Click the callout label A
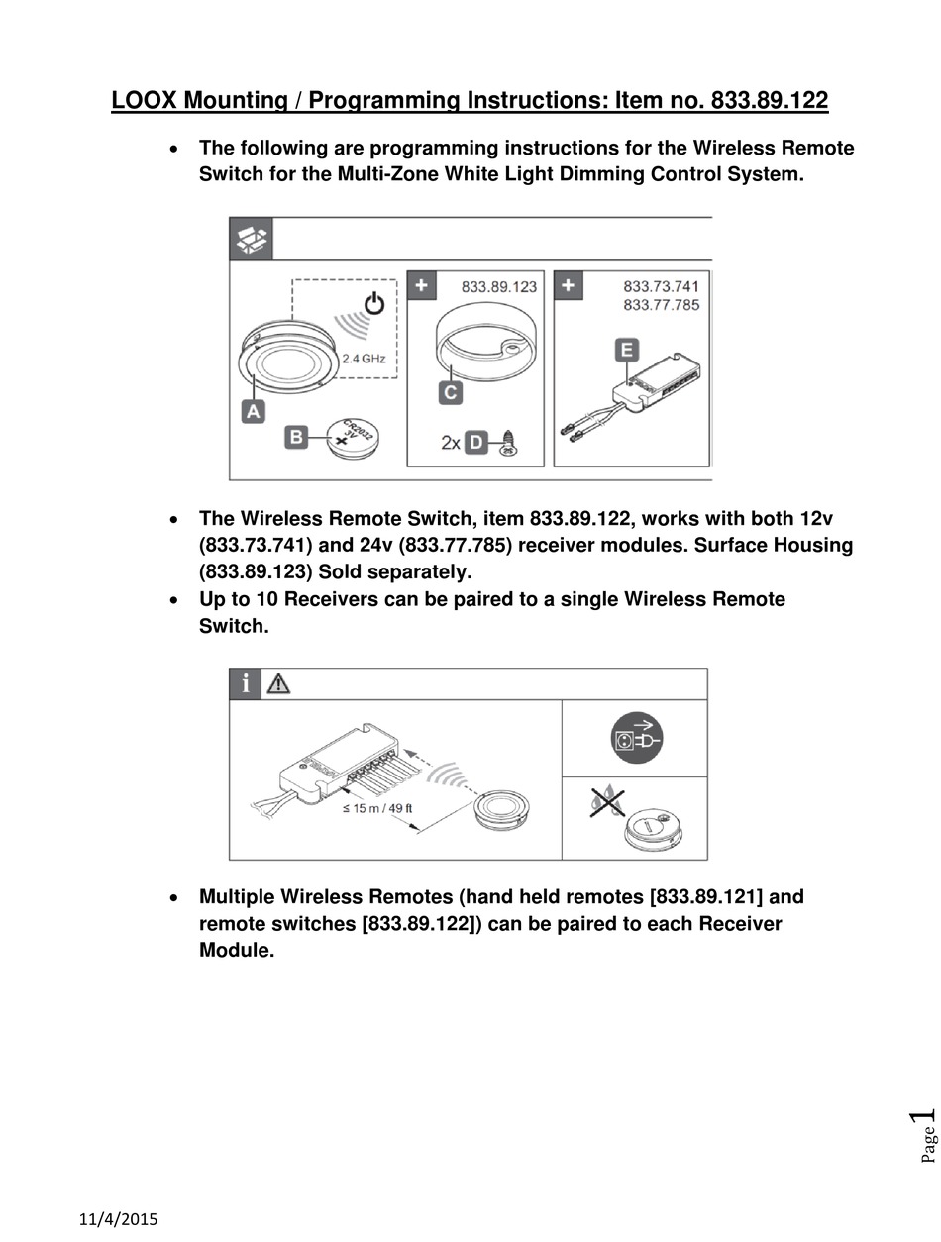[x=254, y=410]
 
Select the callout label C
[x=451, y=392]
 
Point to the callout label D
[x=477, y=442]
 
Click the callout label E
[x=626, y=350]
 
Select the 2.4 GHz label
[x=364, y=359]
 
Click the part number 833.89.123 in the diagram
[x=499, y=286]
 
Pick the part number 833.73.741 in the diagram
[x=661, y=286]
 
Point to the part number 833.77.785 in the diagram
[x=661, y=305]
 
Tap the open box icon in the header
[x=251, y=240]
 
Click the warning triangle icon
[x=278, y=683]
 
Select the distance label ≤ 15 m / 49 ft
[x=377, y=808]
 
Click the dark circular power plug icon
[x=635, y=739]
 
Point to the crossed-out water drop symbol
[x=601, y=801]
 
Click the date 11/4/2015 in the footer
[x=118, y=1219]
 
